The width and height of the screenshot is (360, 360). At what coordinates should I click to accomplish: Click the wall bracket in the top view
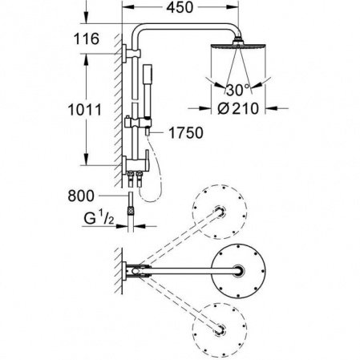coord(136,273)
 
